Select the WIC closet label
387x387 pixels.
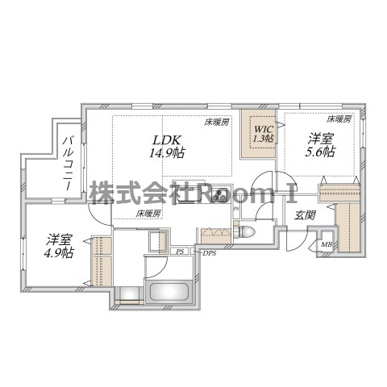[263, 128]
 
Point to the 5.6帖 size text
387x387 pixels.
[319, 152]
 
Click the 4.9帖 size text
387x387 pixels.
[58, 253]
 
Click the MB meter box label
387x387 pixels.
[327, 245]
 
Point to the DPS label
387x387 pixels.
[209, 253]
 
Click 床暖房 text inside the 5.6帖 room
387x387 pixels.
[339, 119]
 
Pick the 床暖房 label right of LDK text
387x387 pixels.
[216, 123]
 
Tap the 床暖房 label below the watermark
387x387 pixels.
[148, 214]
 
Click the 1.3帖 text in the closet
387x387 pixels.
[263, 139]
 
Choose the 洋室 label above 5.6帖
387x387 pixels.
[319, 138]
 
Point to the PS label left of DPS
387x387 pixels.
[181, 252]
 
